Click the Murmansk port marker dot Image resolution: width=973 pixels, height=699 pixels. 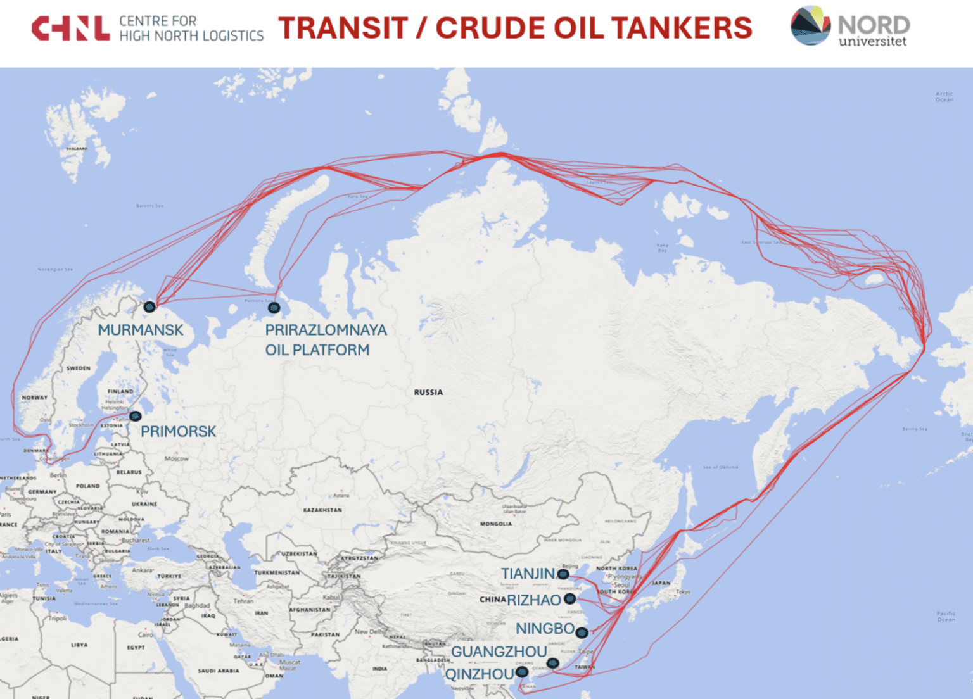pos(149,307)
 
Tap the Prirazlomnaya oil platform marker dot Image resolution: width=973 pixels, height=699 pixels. pos(274,308)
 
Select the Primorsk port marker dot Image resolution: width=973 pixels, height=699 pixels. pos(136,417)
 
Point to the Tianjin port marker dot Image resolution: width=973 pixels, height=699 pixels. pos(563,574)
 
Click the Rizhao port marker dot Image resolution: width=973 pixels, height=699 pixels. pos(570,599)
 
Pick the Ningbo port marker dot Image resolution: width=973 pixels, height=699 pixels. pos(582,632)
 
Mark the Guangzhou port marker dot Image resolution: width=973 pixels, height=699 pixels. pos(553,663)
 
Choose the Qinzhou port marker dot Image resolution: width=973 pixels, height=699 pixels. pos(522,672)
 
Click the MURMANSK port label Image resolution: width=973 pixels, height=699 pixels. pos(141,330)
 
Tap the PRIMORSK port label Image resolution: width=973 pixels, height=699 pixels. pos(178,431)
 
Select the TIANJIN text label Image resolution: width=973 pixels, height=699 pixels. pos(528,574)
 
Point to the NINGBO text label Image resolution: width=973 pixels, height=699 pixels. pos(545,629)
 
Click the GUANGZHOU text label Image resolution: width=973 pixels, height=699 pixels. pos(499,652)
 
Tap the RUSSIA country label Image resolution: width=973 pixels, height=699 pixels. pos(428,393)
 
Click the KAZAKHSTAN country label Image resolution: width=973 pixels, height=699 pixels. pos(322,510)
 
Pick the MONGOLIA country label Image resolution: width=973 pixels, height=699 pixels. pos(496,524)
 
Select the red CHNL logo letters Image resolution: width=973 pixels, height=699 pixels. pos(70,28)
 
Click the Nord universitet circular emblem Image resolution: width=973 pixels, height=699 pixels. pos(810,26)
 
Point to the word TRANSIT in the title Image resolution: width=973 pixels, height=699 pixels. pos(343,28)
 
